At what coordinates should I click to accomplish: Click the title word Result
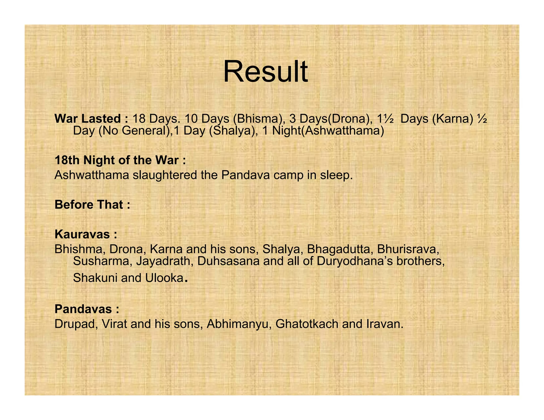pyautogui.click(x=265, y=72)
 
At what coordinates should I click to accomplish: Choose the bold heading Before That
pyautogui.click(x=92, y=205)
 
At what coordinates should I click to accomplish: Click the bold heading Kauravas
pyautogui.click(x=86, y=234)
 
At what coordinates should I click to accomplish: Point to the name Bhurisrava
pyautogui.click(x=408, y=249)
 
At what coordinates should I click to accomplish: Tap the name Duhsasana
pyautogui.click(x=228, y=261)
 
